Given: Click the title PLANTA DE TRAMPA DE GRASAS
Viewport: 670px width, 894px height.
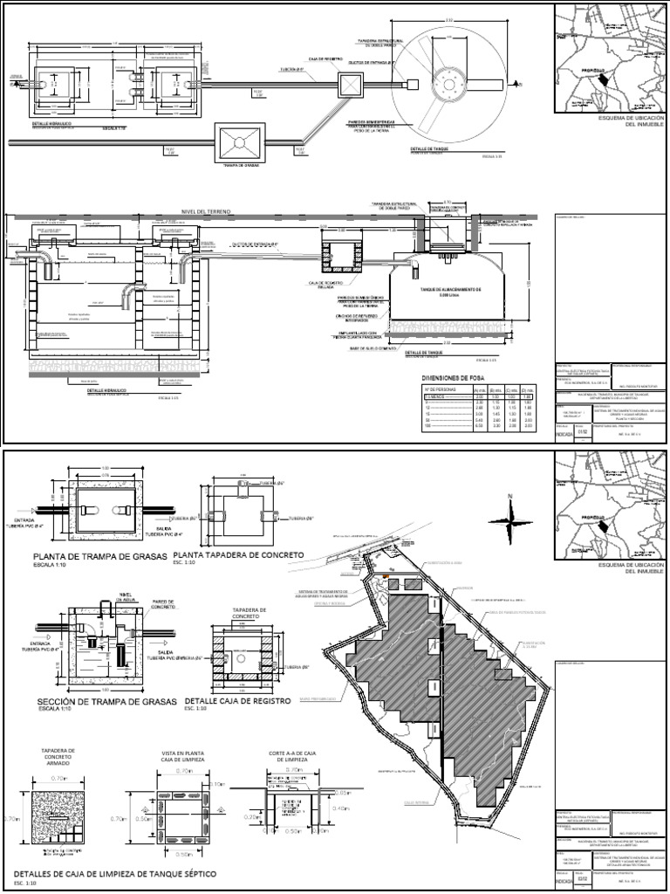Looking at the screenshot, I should pyautogui.click(x=99, y=556).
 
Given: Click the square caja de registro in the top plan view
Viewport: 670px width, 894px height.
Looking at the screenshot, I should pyautogui.click(x=350, y=85).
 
